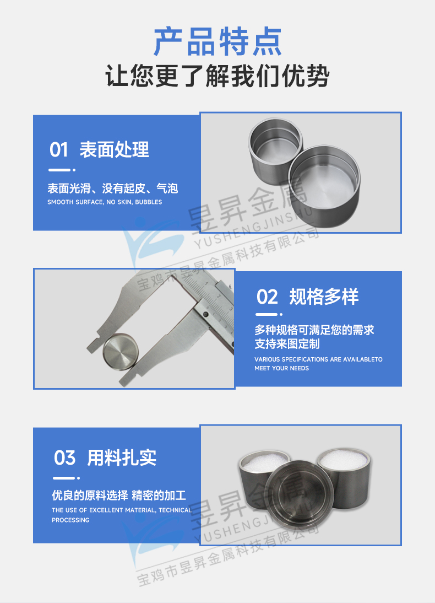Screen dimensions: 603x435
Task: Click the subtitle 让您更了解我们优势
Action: tap(218, 77)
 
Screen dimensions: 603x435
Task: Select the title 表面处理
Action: tap(114, 149)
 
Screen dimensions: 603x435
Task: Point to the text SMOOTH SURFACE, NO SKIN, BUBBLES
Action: tap(105, 202)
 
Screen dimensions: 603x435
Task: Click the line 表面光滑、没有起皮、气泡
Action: tap(113, 189)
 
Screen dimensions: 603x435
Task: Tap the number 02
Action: tap(268, 297)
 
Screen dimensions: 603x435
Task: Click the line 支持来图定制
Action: tap(287, 344)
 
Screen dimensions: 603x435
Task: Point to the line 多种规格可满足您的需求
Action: tap(314, 330)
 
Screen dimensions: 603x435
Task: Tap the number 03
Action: tap(64, 457)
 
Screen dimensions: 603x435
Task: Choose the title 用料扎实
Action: tap(122, 457)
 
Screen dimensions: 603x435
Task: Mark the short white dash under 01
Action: tap(60, 170)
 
